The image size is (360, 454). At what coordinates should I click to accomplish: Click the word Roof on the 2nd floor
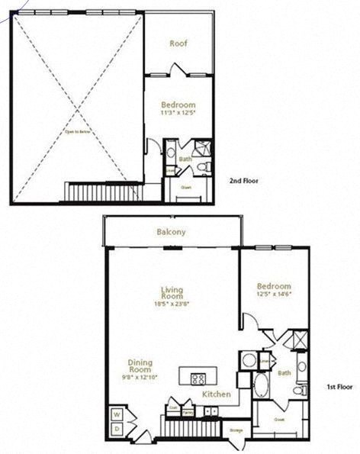tap(178, 43)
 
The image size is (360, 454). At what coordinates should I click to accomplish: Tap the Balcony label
tap(172, 231)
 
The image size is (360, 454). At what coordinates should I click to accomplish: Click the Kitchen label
tap(217, 394)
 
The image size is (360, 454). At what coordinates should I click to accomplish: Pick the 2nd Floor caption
tap(245, 181)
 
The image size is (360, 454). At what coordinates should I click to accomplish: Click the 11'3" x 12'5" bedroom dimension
tap(178, 113)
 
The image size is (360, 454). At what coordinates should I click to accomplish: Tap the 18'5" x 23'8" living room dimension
tap(174, 303)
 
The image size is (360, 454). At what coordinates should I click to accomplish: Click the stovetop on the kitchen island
tap(198, 378)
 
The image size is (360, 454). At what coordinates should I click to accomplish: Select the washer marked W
tap(116, 416)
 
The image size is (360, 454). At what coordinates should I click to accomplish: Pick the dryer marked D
tap(116, 430)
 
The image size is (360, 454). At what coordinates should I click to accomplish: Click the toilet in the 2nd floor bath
tap(201, 167)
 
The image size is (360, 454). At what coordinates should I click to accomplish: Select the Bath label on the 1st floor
tap(284, 373)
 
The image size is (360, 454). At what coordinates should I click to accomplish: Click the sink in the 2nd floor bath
tap(170, 152)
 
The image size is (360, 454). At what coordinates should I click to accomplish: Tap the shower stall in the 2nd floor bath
tap(202, 147)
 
